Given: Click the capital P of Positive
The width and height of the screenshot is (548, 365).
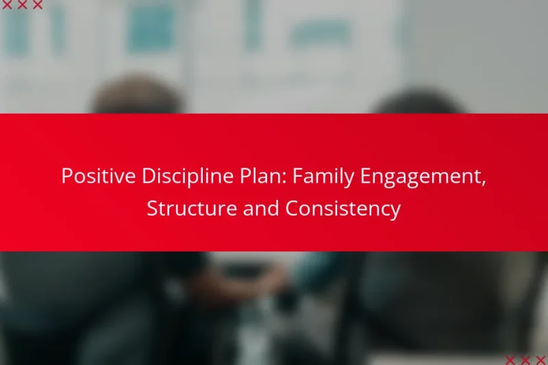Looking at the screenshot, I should point(66,177).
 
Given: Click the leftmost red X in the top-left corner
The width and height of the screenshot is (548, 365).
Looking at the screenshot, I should point(7,5).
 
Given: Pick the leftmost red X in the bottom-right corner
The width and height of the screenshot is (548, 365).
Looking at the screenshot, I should point(510,360).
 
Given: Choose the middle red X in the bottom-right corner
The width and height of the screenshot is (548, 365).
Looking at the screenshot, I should point(525,360).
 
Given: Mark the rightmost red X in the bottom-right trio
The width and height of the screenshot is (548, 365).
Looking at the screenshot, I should point(540,360).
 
